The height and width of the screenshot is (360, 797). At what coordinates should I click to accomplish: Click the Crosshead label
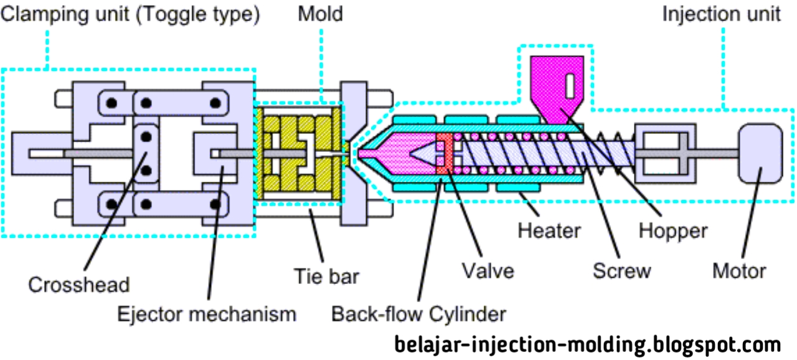pyautogui.click(x=78, y=285)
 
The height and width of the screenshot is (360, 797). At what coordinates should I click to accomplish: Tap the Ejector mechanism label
pyautogui.click(x=207, y=313)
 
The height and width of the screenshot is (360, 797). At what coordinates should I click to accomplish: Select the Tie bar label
pyautogui.click(x=327, y=275)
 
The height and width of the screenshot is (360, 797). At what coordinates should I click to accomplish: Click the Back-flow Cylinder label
pyautogui.click(x=418, y=313)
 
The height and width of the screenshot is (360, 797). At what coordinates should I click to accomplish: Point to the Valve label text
pyautogui.click(x=488, y=272)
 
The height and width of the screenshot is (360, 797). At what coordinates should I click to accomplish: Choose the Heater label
pyautogui.click(x=549, y=231)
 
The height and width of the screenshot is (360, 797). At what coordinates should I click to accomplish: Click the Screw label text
pyautogui.click(x=621, y=272)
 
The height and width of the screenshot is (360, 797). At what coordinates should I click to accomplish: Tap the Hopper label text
pyautogui.click(x=673, y=231)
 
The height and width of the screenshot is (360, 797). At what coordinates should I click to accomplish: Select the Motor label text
pyautogui.click(x=739, y=272)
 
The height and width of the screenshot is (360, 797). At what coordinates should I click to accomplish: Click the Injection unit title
pyautogui.click(x=721, y=14)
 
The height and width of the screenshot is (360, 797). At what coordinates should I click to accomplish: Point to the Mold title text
pyautogui.click(x=320, y=14)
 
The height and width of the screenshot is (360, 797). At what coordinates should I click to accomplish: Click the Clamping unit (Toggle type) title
pyautogui.click(x=130, y=14)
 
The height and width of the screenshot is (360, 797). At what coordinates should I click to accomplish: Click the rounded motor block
pyautogui.click(x=760, y=153)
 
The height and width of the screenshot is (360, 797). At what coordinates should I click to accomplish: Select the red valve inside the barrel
pyautogui.click(x=443, y=153)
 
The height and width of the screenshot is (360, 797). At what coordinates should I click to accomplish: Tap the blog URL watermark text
pyautogui.click(x=587, y=344)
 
